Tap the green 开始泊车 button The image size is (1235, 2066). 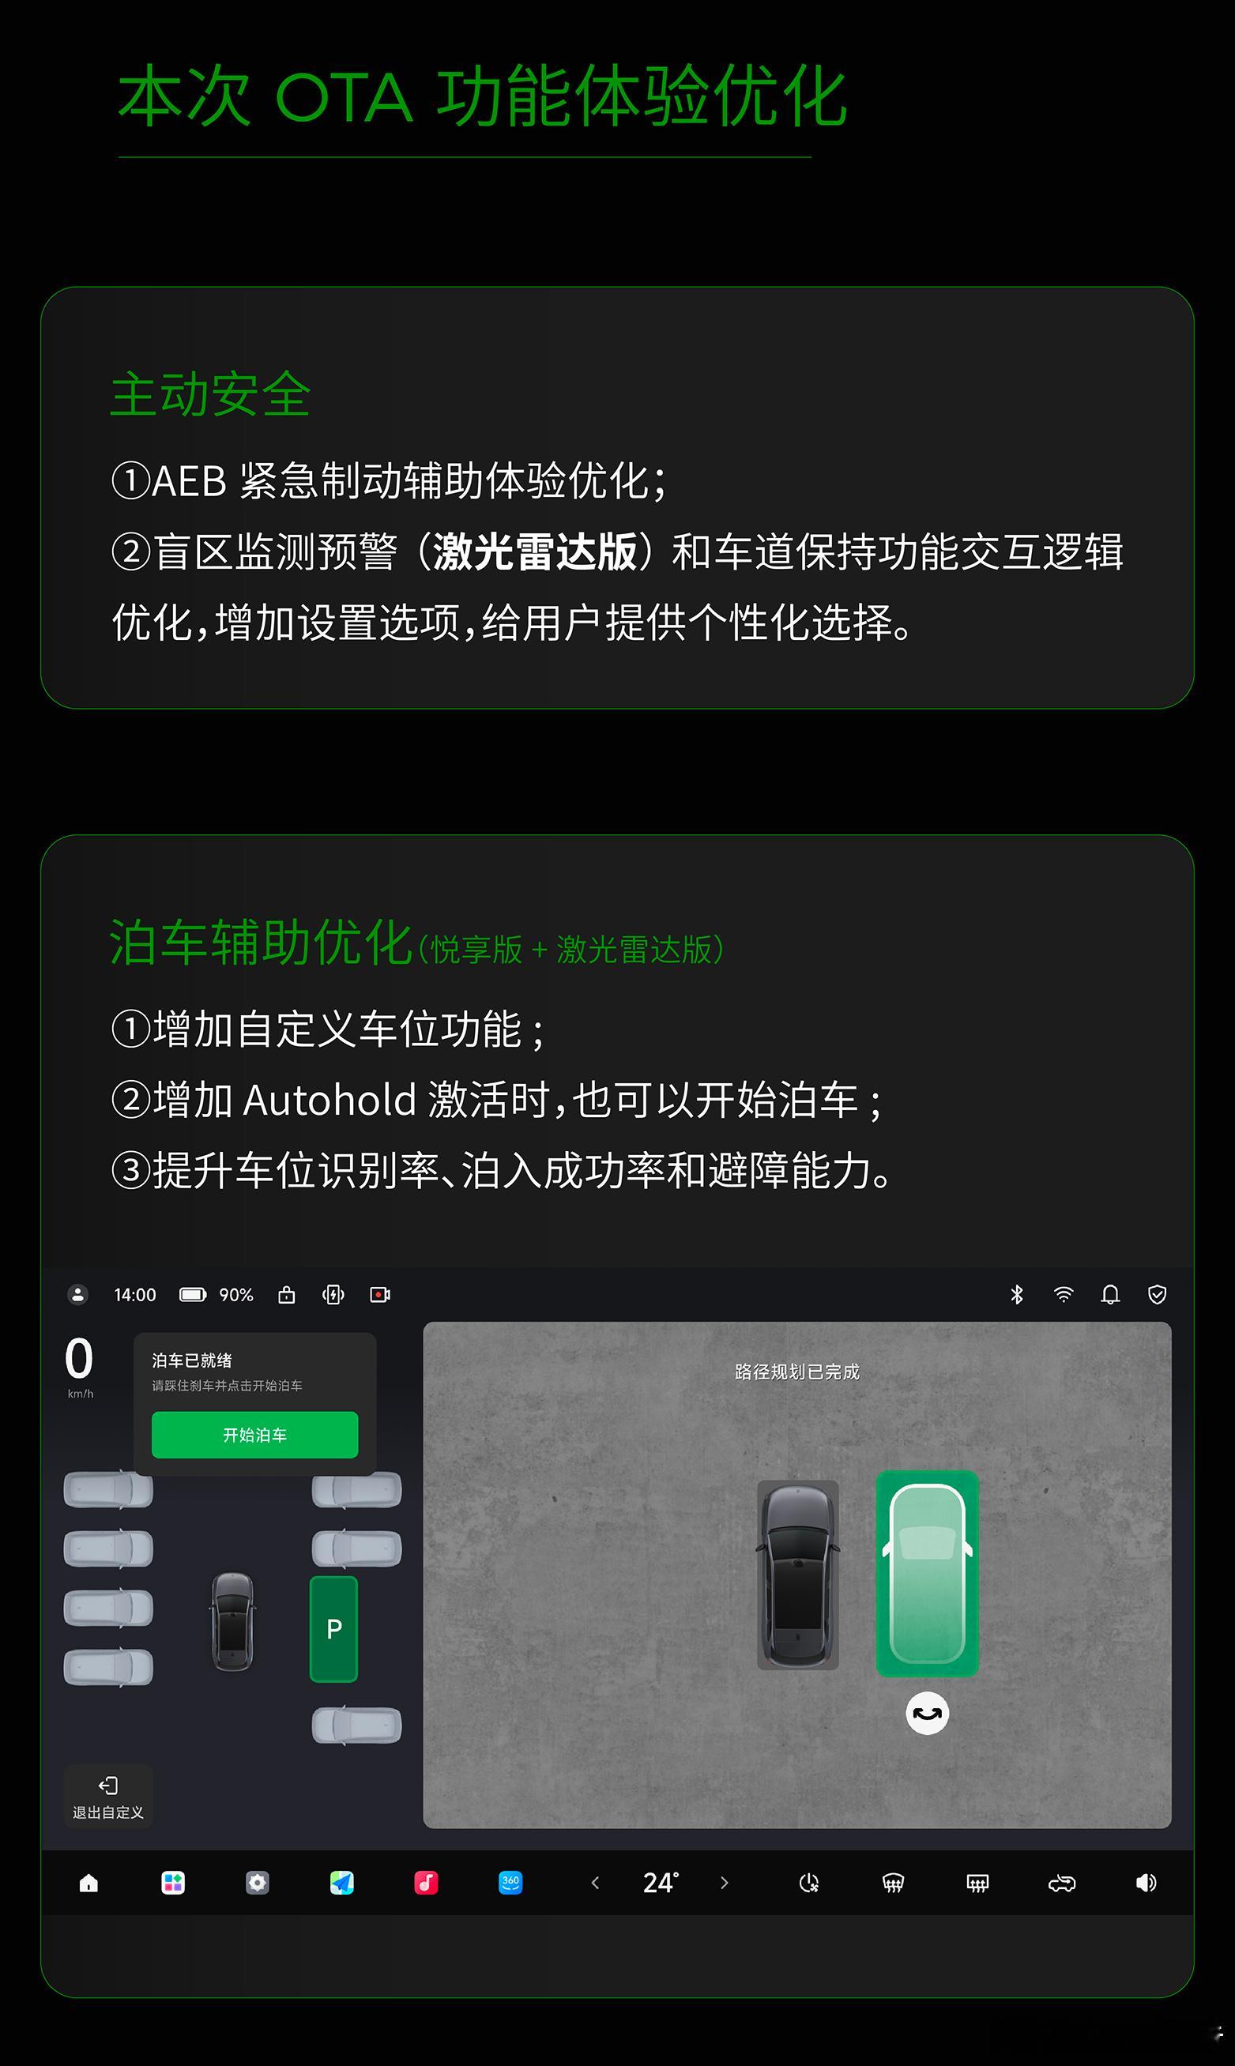254,1435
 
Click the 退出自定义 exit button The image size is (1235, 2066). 108,1797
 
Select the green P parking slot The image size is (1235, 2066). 333,1628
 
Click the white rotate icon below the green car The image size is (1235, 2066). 927,1713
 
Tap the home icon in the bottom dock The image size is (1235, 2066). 89,1883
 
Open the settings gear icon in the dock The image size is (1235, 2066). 257,1883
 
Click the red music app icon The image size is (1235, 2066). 426,1883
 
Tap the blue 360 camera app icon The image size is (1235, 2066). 510,1883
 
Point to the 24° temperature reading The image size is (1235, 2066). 661,1883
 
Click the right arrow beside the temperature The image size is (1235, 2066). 724,1883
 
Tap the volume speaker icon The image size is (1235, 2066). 1146,1883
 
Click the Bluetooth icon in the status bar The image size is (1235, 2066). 1016,1295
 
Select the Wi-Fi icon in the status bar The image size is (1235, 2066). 1064,1295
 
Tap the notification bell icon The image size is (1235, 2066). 1110,1295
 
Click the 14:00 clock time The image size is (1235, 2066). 135,1295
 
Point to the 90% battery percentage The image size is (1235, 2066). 236,1295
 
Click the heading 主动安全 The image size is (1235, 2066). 210,394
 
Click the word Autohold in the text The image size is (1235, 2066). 329,1100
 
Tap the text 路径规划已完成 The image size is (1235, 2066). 797,1372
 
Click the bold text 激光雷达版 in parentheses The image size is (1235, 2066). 535,551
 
